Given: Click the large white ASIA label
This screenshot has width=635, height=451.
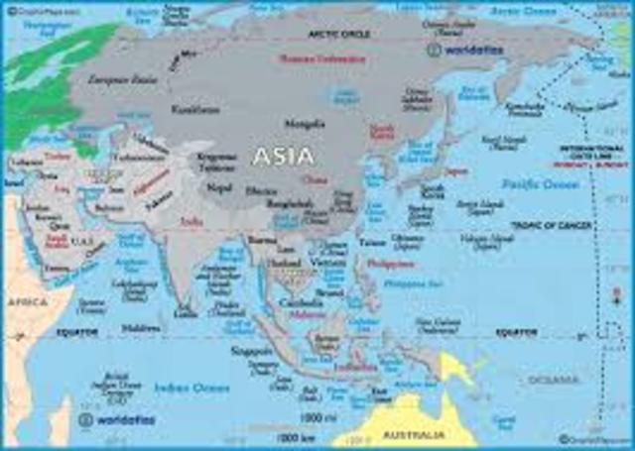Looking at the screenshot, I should pos(283,156).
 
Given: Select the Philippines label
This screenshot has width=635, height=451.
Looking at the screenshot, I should pos(390,264).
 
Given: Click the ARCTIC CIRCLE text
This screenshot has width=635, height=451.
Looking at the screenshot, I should pos(340,33).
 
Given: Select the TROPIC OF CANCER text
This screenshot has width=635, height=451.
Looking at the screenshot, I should pos(543,225).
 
